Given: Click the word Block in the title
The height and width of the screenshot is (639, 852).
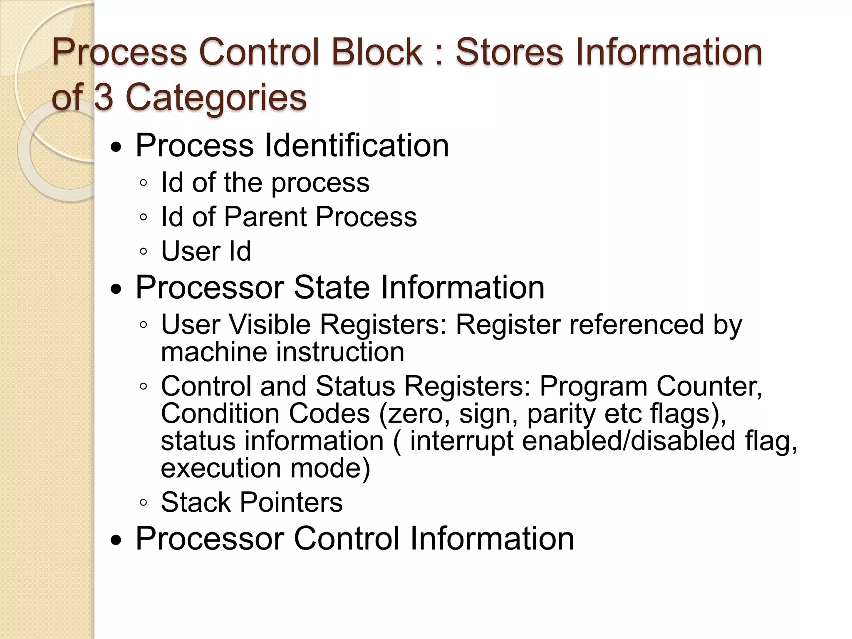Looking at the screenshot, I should tap(377, 52).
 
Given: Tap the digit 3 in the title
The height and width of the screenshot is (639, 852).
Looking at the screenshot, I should tap(104, 97).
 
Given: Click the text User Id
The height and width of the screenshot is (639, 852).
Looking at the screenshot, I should tap(206, 251).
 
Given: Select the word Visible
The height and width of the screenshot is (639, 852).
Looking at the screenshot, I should tap(270, 324).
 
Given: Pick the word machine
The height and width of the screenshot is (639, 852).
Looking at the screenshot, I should tap(214, 352).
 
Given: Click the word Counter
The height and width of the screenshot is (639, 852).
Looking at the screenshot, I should tap(709, 386).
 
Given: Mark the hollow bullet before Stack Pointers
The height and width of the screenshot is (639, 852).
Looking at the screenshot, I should tap(144, 503).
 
